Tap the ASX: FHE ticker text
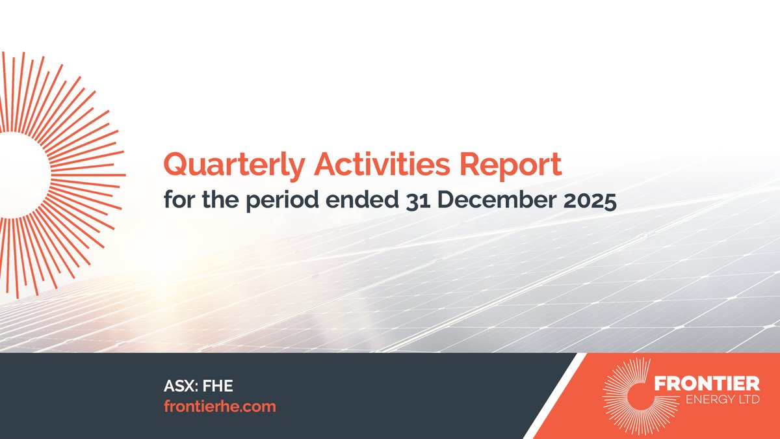(198, 386)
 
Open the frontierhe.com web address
(220, 406)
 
